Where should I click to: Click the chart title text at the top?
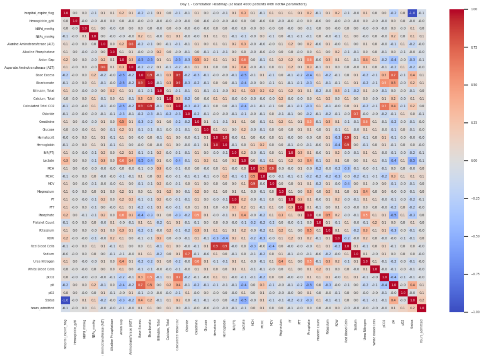click(x=243, y=4)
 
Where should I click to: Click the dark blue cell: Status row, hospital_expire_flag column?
click(x=66, y=300)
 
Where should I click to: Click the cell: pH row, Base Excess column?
click(x=140, y=284)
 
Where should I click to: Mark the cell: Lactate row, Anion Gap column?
click(x=121, y=160)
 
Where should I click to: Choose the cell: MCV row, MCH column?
click(x=253, y=184)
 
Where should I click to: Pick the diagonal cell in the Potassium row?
click(x=327, y=230)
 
